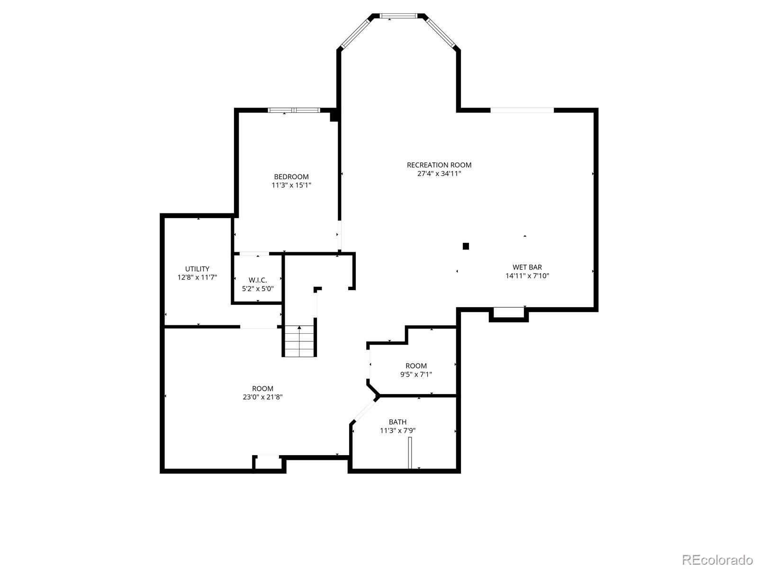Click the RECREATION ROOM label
click(439, 165)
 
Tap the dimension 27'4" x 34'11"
click(439, 174)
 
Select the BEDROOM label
click(291, 177)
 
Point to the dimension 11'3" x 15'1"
click(291, 185)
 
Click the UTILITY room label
click(197, 269)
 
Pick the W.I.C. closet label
click(258, 280)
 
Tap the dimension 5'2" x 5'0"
click(258, 288)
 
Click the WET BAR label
click(527, 267)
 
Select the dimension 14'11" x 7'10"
click(527, 275)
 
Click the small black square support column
click(466, 246)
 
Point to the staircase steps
click(299, 341)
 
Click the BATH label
click(397, 422)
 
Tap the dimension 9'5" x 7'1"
click(416, 374)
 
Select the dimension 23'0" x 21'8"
click(263, 397)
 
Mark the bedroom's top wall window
click(294, 110)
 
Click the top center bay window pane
click(399, 16)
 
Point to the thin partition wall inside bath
click(410, 453)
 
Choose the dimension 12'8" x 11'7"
click(197, 277)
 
